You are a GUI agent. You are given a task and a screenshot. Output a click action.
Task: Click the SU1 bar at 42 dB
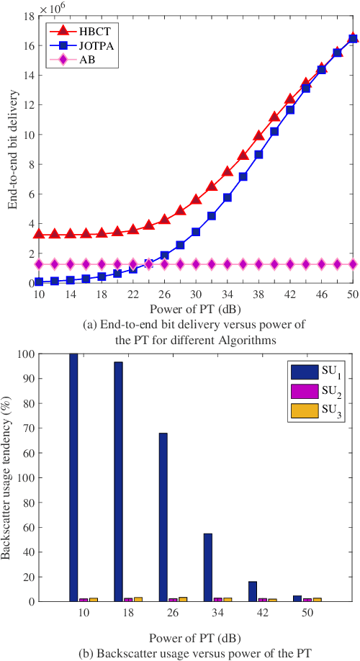click(x=253, y=591)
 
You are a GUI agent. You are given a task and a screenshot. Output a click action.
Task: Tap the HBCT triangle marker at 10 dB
click(x=39, y=234)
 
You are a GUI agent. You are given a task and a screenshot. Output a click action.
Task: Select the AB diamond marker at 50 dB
click(x=353, y=264)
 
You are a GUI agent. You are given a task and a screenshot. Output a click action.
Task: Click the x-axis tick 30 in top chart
click(x=196, y=295)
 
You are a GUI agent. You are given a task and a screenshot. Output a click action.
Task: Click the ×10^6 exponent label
click(x=52, y=8)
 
